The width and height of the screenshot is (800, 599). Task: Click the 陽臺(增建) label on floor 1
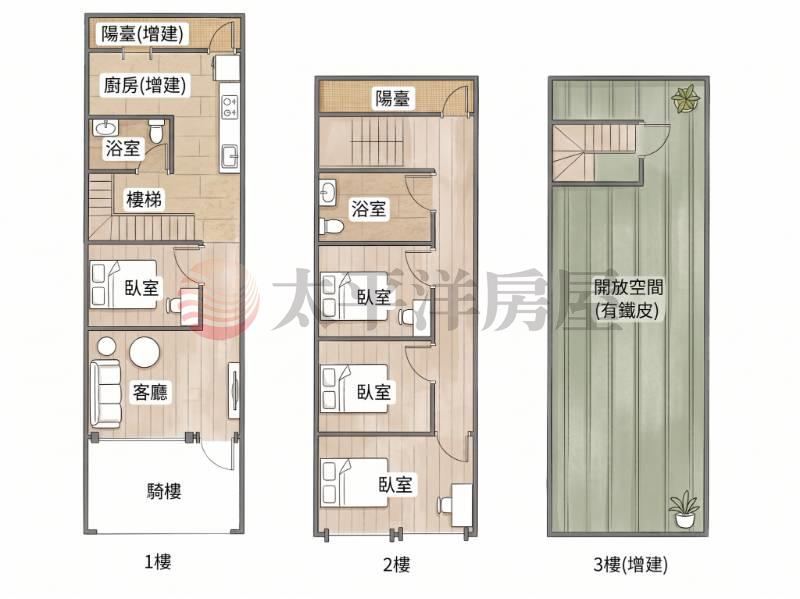(142, 34)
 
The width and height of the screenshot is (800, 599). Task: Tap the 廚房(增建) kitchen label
(145, 85)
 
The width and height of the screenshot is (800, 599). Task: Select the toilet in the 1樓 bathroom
(157, 131)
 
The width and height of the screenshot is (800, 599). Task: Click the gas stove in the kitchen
(229, 106)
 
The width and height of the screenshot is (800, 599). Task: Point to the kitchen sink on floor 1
(229, 156)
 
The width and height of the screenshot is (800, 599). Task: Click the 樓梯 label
(144, 199)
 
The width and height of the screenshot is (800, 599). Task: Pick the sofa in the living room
(106, 394)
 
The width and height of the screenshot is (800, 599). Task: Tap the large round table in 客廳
(145, 352)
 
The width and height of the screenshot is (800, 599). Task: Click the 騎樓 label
(164, 491)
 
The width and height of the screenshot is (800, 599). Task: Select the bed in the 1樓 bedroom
(123, 285)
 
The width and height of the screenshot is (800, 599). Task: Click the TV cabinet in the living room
(234, 390)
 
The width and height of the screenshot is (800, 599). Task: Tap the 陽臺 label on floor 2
(392, 98)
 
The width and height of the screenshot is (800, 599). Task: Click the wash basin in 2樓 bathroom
(328, 192)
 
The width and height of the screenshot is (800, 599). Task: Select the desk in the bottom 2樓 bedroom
(462, 505)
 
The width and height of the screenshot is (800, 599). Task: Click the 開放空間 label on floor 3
(628, 287)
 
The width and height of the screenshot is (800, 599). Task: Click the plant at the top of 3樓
(686, 98)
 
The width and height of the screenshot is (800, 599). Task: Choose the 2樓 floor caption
(396, 565)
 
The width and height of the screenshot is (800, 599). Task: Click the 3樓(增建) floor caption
(630, 564)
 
